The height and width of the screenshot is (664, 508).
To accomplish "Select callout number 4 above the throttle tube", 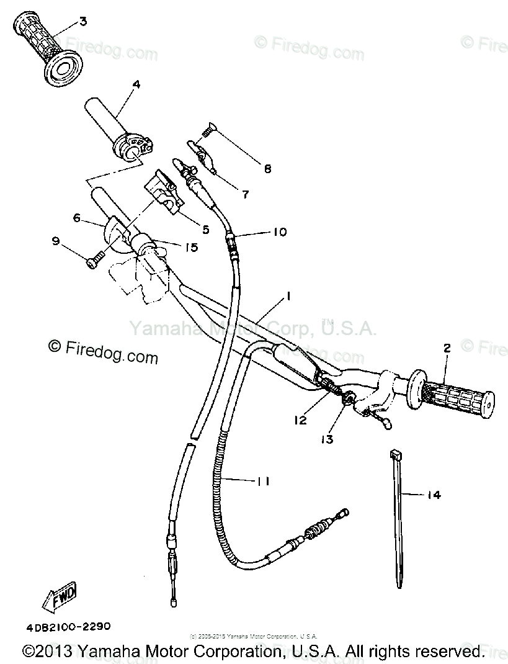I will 136,84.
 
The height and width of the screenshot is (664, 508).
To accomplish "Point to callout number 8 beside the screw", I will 267,168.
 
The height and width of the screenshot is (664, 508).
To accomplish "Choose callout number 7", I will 245,194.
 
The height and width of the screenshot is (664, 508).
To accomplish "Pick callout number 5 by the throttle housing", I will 205,229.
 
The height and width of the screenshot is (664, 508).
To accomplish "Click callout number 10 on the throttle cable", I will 279,232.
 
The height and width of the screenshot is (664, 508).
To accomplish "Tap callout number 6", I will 77,218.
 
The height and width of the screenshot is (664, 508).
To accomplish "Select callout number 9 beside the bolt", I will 56,241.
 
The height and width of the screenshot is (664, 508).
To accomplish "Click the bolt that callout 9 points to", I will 94,264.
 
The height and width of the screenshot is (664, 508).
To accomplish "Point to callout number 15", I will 190,247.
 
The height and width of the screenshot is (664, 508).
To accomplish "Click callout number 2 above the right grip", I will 446,348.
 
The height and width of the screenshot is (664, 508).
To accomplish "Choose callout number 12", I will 300,420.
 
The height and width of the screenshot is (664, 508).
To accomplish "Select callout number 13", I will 326,439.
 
